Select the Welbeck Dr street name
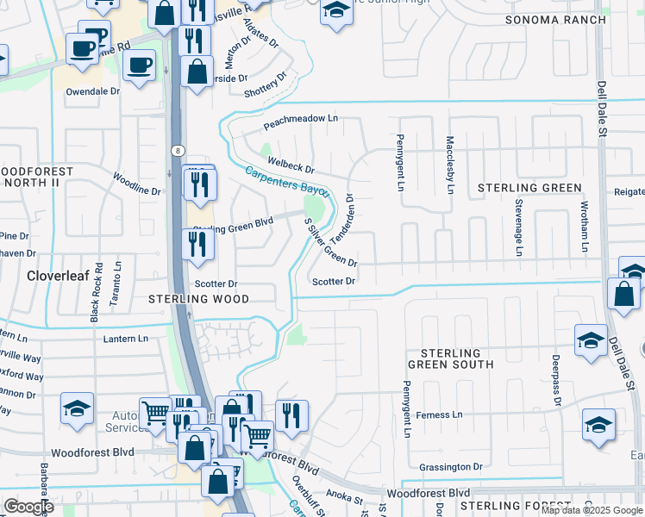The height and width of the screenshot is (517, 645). [291, 162]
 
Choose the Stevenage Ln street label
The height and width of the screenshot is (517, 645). [519, 227]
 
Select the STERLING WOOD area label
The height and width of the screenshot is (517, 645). [198, 299]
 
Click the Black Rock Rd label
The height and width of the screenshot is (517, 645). [97, 291]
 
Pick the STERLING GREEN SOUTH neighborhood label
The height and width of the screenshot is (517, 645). [457, 358]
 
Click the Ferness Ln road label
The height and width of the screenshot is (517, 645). [439, 414]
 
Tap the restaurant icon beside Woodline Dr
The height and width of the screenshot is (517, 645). [198, 184]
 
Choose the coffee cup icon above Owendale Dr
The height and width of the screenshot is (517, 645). [139, 65]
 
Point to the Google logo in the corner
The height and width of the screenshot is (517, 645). [28, 506]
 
